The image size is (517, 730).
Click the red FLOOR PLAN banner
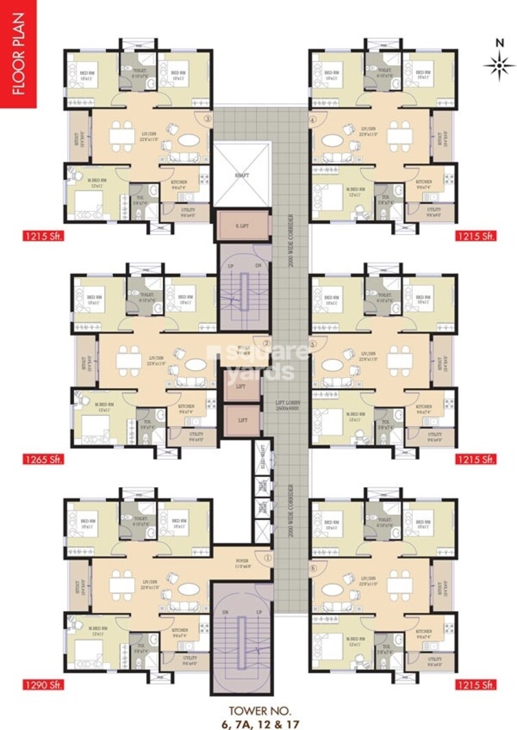18,55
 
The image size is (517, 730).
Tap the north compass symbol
499,65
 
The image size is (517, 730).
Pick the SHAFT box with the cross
242,174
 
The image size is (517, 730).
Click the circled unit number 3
207,117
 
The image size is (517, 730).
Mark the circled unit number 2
267,343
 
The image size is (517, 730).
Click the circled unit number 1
267,558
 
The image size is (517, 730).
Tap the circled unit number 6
314,567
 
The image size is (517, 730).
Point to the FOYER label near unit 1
242,560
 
